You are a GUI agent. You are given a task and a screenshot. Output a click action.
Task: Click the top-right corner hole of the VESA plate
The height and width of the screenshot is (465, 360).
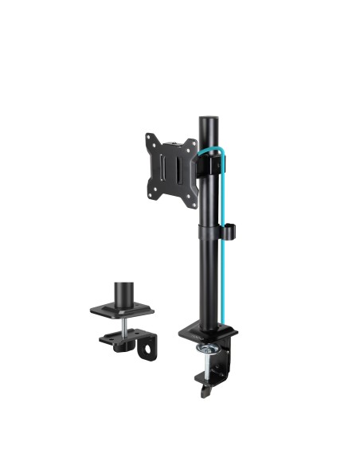190,143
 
